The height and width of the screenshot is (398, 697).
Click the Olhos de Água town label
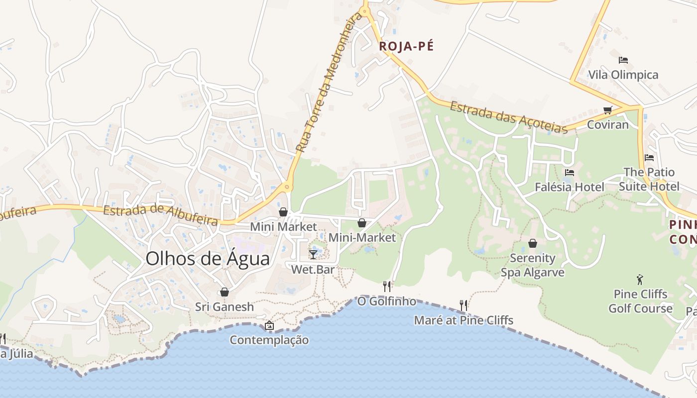pos(208,259)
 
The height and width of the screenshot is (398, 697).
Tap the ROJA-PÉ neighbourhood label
pos(406,46)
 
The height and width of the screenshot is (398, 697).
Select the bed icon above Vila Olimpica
pos(623,60)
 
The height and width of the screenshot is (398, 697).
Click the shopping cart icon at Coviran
pos(607,110)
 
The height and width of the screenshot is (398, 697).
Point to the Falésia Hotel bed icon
pos(570,173)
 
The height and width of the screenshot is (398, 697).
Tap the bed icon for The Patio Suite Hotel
pos(649,158)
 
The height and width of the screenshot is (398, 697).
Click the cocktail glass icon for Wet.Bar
pos(313,255)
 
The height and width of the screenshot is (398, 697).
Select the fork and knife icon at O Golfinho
pos(387,286)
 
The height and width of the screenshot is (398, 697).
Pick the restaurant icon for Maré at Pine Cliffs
pos(464,305)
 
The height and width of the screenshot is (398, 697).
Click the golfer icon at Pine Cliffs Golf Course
pos(640,279)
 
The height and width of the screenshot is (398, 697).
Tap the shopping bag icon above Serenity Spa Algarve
pos(532,243)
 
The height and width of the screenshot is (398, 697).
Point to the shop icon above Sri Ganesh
pos(225,292)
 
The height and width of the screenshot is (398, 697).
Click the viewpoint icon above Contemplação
pos(269,325)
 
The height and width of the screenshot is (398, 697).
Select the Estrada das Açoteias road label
pos(509,117)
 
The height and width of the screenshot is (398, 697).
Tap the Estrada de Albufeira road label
pos(161,215)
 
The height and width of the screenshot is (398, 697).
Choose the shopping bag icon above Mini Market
pos(283,212)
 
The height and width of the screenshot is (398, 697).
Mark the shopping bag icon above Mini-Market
pos(362,223)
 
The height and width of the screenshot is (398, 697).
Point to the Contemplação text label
pos(269,340)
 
